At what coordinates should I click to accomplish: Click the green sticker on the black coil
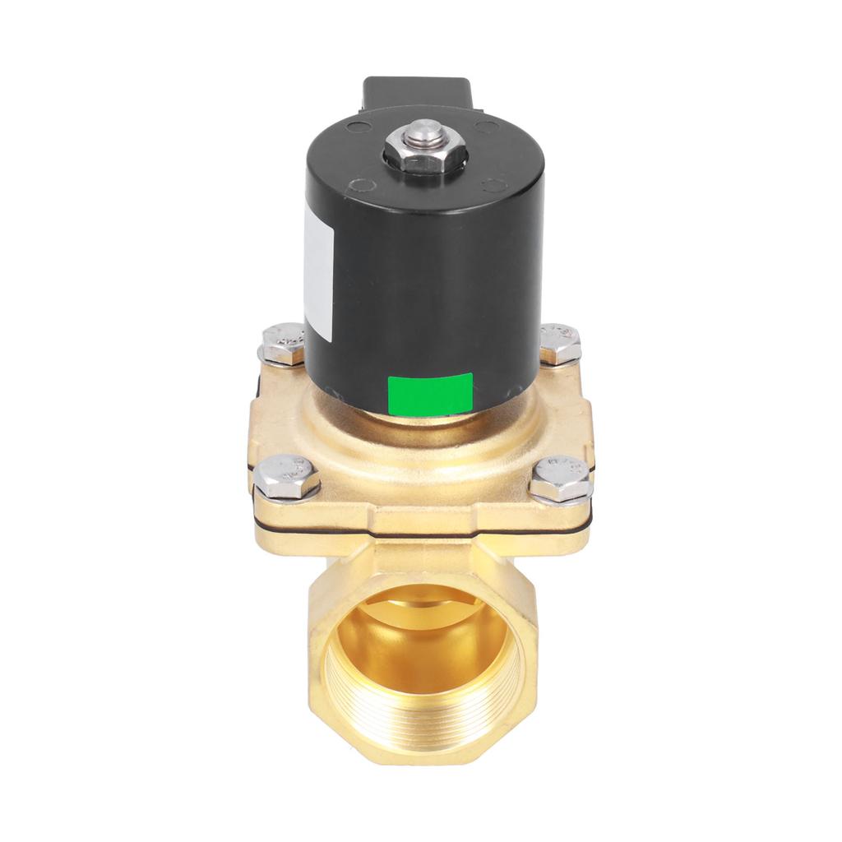click(x=430, y=393)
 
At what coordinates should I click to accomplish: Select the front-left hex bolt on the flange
click(x=285, y=475)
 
